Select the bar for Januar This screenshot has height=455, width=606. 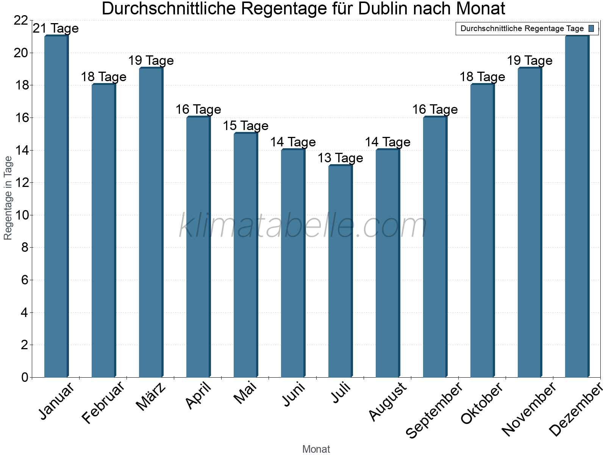tap(56, 207)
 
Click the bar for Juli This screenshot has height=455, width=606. tap(340, 271)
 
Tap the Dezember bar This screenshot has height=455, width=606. tap(577, 207)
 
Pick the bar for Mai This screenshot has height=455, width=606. tap(245, 255)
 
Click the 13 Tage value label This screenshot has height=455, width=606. tap(340, 158)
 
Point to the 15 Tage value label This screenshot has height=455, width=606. tap(245, 126)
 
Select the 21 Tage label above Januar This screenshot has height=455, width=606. tap(56, 28)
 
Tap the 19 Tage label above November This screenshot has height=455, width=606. tap(529, 61)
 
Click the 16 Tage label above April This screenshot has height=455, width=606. tap(198, 110)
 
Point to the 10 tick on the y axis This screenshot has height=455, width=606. tap(21, 215)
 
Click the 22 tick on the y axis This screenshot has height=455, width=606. tap(21, 20)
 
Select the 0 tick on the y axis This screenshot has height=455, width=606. tap(25, 377)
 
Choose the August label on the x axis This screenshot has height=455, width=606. tap(388, 402)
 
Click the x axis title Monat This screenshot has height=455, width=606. tap(316, 449)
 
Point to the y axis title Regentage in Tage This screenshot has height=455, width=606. tap(8, 198)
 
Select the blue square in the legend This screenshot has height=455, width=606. tap(591, 28)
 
